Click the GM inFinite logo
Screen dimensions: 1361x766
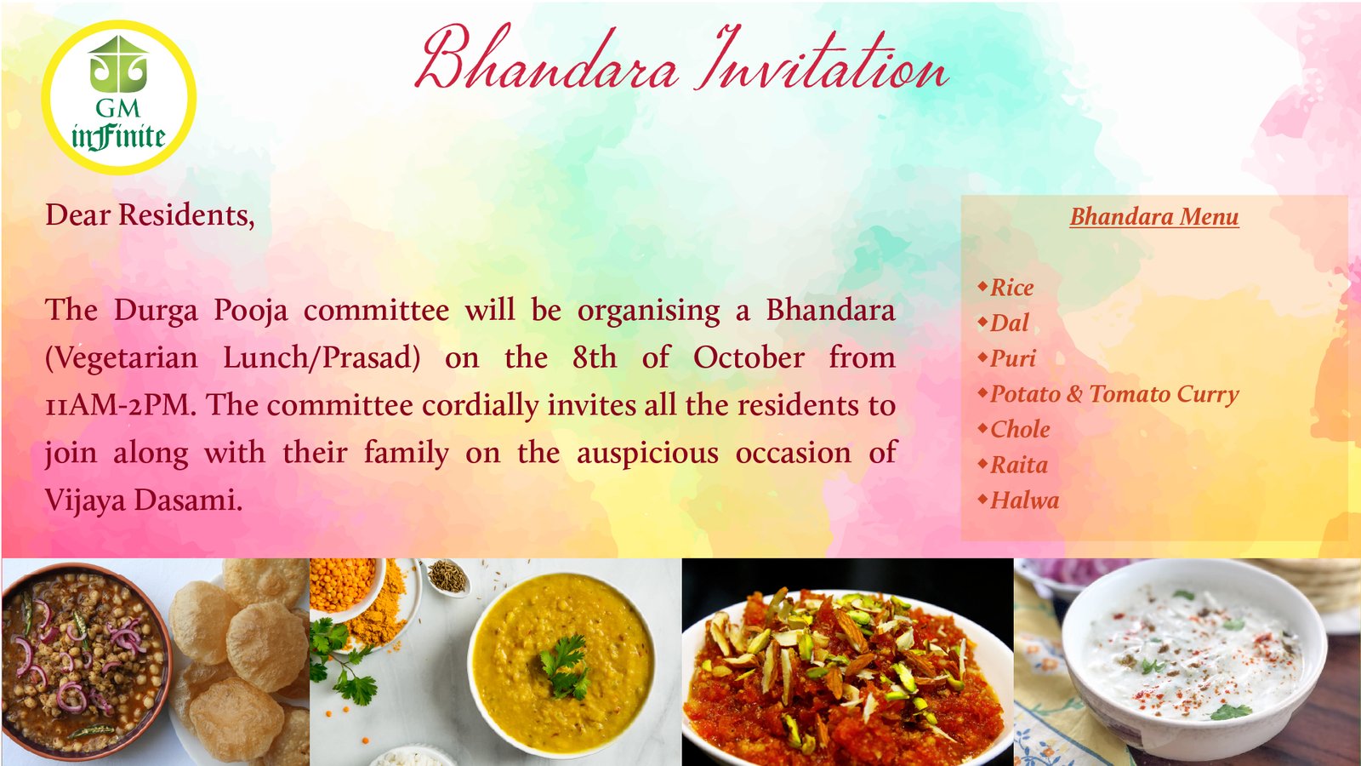point(118,97)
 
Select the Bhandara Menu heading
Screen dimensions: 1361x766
point(1153,217)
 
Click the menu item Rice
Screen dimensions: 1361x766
point(1011,288)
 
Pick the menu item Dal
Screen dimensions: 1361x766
point(1009,323)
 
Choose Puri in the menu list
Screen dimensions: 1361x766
point(1013,358)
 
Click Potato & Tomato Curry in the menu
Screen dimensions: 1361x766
point(1114,394)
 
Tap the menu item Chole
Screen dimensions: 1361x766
point(1020,430)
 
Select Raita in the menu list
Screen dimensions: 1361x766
point(1019,465)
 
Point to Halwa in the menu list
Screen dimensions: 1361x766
point(1024,501)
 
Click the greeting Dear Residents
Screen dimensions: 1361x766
point(150,215)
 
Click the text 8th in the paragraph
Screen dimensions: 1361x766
point(595,357)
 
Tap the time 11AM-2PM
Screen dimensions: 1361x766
point(120,405)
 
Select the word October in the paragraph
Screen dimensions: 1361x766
point(749,357)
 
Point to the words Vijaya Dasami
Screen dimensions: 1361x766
point(144,500)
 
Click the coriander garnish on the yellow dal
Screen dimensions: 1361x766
point(565,668)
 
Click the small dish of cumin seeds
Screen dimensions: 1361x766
point(447,575)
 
